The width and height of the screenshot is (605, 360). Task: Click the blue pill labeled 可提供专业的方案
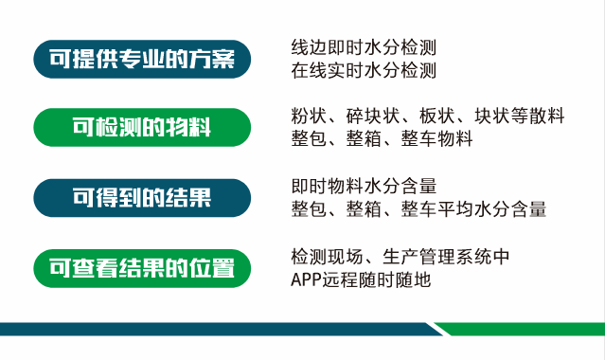[142, 59]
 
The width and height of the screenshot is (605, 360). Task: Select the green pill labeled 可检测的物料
[142, 128]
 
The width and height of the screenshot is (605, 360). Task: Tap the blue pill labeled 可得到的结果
[142, 198]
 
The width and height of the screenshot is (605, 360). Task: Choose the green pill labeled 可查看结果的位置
[142, 268]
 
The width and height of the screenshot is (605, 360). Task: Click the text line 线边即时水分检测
[364, 47]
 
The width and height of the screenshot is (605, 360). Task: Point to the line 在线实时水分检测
[364, 70]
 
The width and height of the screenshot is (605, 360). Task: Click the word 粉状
[309, 116]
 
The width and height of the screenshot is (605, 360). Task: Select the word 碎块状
[373, 116]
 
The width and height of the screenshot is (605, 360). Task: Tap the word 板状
[437, 116]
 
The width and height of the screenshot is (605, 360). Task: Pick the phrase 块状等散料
[520, 116]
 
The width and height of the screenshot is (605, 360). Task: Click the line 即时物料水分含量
[364, 187]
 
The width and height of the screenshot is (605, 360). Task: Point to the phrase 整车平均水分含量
[473, 209]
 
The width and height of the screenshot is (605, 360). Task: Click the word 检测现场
[327, 257]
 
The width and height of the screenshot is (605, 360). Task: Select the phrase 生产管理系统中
[446, 257]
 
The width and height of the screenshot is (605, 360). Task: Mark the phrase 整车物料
[436, 138]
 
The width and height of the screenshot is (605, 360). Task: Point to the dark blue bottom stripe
[220, 329]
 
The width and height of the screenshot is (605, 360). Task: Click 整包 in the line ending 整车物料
[309, 138]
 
